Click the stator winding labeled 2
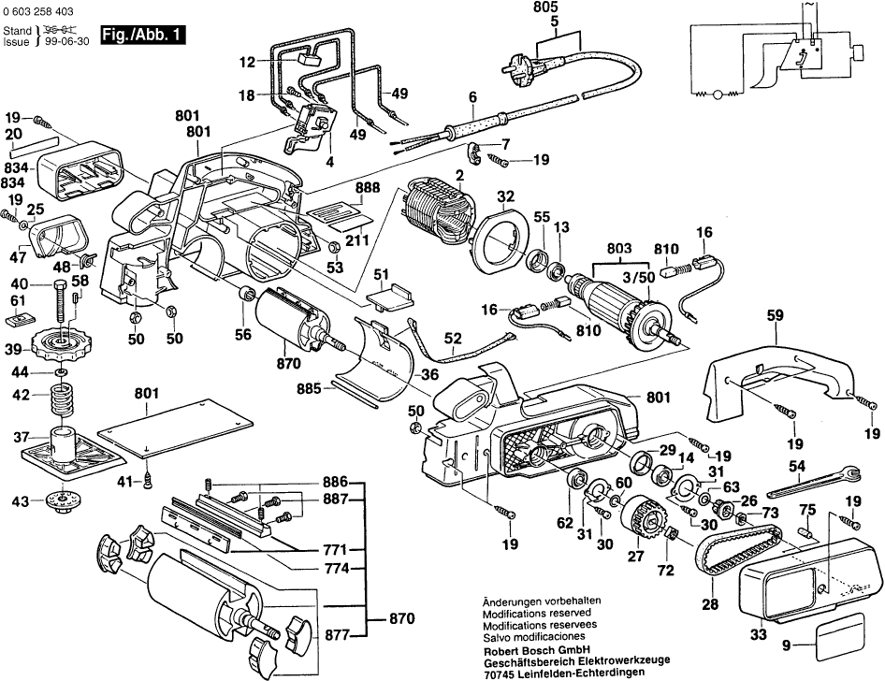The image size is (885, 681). point(438,217)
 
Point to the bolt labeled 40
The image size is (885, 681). point(66,299)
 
